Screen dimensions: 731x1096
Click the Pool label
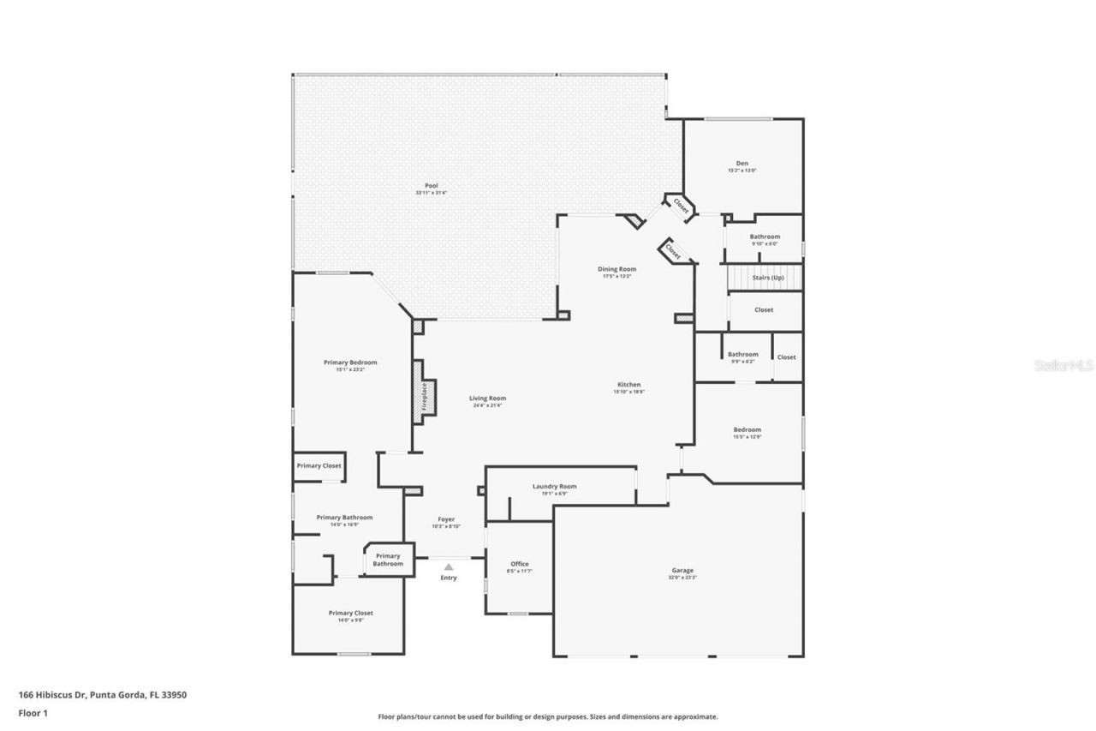[x=432, y=186]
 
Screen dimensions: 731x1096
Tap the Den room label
[x=742, y=164]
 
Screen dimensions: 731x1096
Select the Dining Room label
[x=616, y=269]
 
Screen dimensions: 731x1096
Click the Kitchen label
[x=629, y=385]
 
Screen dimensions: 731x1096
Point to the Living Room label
[x=487, y=398]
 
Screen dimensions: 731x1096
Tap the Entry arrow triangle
[x=448, y=566]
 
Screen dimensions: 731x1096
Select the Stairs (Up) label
[x=767, y=278]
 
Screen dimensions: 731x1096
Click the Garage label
[x=682, y=570]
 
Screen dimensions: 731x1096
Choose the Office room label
[x=519, y=563]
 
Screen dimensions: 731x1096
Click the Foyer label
[x=446, y=519]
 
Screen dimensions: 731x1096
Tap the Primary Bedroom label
[x=350, y=363]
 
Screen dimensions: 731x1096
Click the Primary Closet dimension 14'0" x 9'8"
[x=351, y=620]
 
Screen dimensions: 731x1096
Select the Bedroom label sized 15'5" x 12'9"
[x=747, y=429]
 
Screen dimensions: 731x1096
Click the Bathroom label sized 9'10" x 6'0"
[x=765, y=237]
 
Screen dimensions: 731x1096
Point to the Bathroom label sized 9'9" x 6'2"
[x=742, y=354]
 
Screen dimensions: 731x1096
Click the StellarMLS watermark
[x=1063, y=365]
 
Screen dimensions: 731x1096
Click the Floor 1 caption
[x=33, y=712]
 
